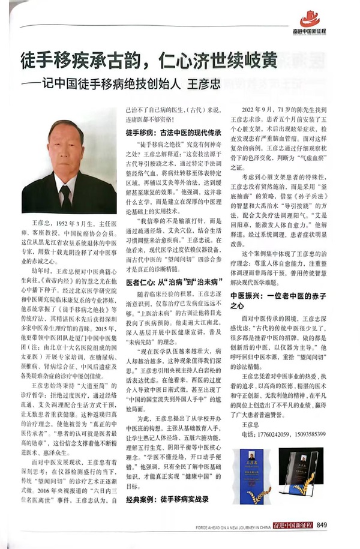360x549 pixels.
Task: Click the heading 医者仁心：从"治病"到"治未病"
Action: click(173, 281)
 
